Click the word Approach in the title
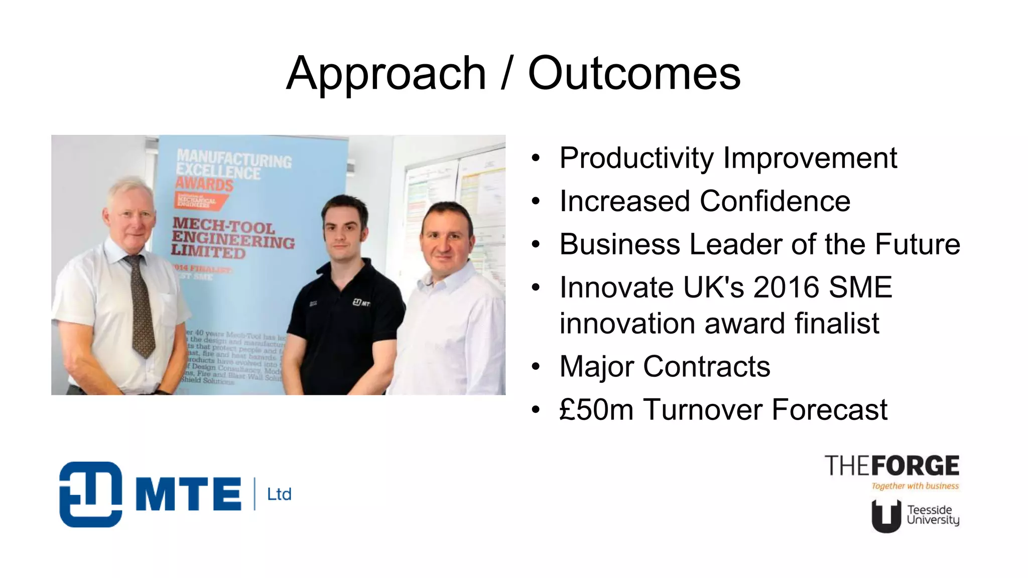[386, 74]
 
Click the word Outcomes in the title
[634, 74]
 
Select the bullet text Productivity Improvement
[728, 158]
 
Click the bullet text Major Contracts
[665, 367]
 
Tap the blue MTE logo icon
[90, 494]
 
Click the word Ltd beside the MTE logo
[279, 495]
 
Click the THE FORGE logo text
[891, 466]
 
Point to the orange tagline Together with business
[915, 486]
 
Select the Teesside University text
[933, 515]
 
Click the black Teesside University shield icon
[886, 516]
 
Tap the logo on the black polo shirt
[361, 303]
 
